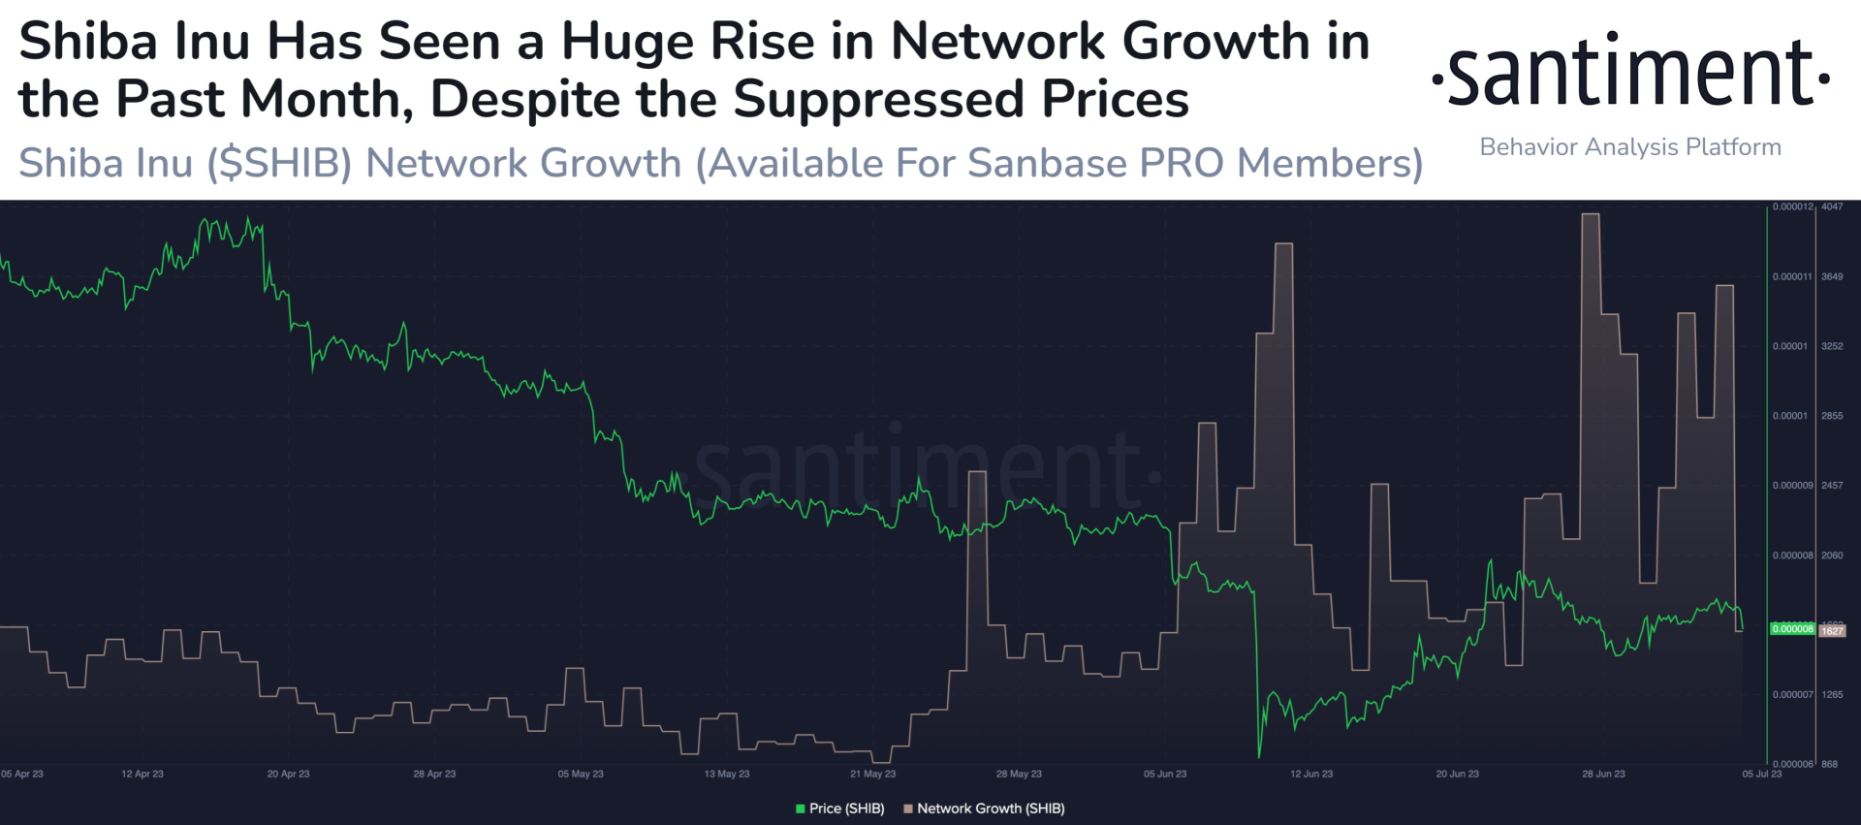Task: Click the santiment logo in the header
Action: pyautogui.click(x=1630, y=72)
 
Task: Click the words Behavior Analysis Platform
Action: pyautogui.click(x=1630, y=147)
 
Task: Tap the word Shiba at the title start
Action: pyautogui.click(x=87, y=43)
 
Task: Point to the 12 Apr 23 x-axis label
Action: pyautogui.click(x=142, y=774)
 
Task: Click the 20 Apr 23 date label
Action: pyautogui.click(x=288, y=774)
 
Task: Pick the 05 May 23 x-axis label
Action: pyautogui.click(x=581, y=774)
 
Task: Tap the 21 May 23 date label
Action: pyautogui.click(x=872, y=774)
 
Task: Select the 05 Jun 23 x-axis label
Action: pyautogui.click(x=1165, y=774)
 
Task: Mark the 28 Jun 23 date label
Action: pyautogui.click(x=1603, y=774)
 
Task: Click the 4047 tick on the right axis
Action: pyautogui.click(x=1832, y=206)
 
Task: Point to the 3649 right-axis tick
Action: pyautogui.click(x=1832, y=276)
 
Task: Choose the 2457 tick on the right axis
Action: pyautogui.click(x=1832, y=485)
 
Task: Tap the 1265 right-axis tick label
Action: pyautogui.click(x=1832, y=694)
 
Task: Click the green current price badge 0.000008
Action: pyautogui.click(x=1792, y=629)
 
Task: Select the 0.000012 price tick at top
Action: pyautogui.click(x=1792, y=206)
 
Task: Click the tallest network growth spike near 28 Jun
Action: pyautogui.click(x=1591, y=216)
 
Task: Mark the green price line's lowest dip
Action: pyautogui.click(x=1259, y=755)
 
